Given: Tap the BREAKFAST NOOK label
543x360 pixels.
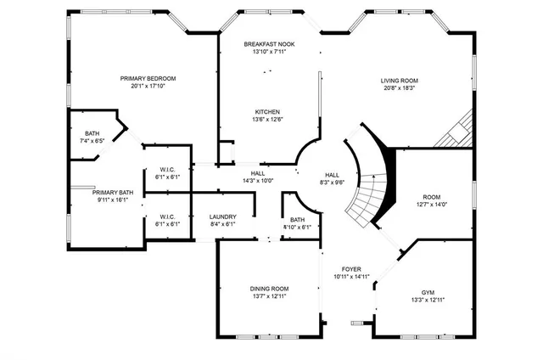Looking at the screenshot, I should (269, 44).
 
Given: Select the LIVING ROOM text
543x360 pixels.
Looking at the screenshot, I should (399, 81).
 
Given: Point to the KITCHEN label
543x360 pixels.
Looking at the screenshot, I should (268, 112).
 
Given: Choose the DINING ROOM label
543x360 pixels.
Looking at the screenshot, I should (269, 288).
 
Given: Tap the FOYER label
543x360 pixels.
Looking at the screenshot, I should (351, 267).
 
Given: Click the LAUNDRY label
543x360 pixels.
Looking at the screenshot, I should (222, 217).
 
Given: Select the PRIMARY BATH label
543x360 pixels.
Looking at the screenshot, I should (113, 193).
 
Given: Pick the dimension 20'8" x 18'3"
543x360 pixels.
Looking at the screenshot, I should (399, 88).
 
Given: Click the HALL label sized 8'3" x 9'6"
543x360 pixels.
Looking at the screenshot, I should (332, 174).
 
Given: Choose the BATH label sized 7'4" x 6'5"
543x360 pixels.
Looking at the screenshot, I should (92, 133).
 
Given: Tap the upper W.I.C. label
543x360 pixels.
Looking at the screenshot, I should (167, 170).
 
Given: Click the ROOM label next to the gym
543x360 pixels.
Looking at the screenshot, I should (432, 197).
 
